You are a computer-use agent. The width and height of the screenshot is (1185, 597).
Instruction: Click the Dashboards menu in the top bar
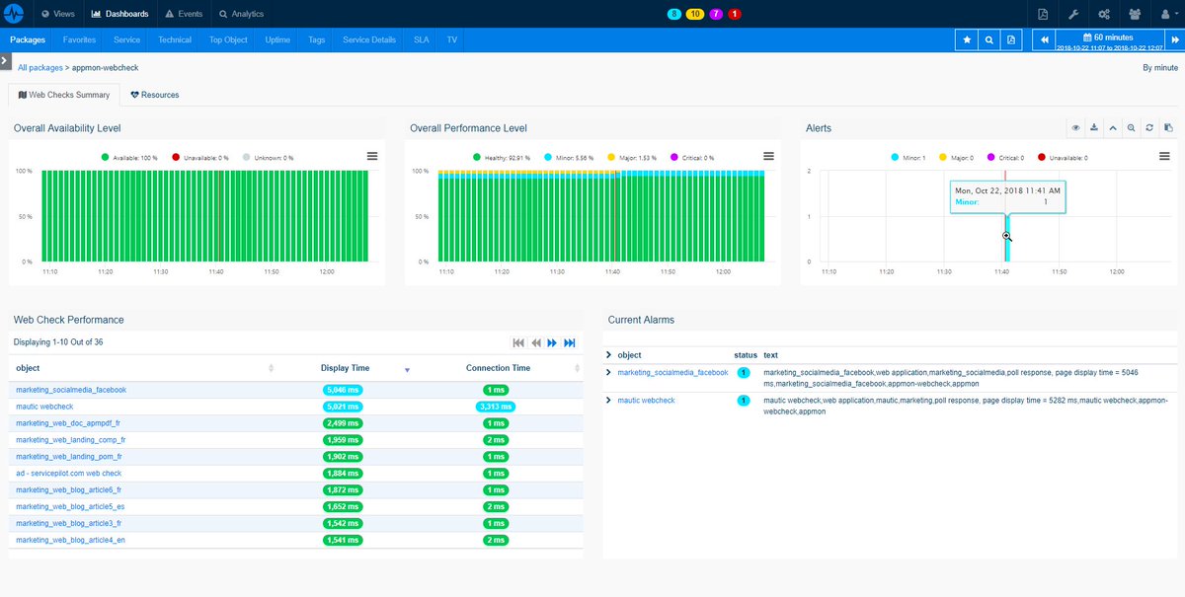pyautogui.click(x=119, y=14)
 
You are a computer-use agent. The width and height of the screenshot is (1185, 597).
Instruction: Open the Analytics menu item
pyautogui.click(x=242, y=14)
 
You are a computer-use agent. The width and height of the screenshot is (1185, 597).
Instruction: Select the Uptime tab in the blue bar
pyautogui.click(x=276, y=40)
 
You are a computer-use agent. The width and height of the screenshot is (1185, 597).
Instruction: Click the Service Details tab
pyautogui.click(x=369, y=40)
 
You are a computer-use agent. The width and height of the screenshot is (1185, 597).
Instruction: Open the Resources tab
pyautogui.click(x=155, y=95)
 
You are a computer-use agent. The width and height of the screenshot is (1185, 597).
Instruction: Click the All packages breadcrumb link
pyautogui.click(x=39, y=67)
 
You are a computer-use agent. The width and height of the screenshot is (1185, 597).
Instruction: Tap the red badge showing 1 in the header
pyautogui.click(x=734, y=14)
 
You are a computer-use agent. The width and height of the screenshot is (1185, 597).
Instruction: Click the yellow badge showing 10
pyautogui.click(x=694, y=14)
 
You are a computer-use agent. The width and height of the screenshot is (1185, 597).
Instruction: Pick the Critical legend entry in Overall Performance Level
pyautogui.click(x=691, y=157)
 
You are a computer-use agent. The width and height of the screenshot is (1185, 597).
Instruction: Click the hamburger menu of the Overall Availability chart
pyautogui.click(x=372, y=156)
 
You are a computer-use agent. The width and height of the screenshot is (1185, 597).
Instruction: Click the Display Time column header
pyautogui.click(x=346, y=368)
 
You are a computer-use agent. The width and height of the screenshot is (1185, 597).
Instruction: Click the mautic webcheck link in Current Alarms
pyautogui.click(x=646, y=401)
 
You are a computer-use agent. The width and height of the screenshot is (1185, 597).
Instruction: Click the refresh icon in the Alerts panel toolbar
pyautogui.click(x=1148, y=128)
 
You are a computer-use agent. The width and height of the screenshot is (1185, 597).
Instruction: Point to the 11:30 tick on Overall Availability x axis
pyautogui.click(x=160, y=272)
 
